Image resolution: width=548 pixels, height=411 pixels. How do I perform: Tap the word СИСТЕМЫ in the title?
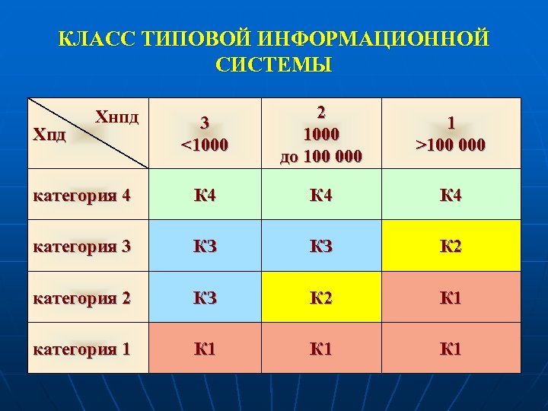point(273,65)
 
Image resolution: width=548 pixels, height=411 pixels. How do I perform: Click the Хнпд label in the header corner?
point(118,116)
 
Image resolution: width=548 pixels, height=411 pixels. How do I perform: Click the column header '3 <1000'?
point(204,133)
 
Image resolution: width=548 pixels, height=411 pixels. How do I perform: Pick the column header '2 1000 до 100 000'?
point(321,133)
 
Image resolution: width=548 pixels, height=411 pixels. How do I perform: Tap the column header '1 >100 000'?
point(451,133)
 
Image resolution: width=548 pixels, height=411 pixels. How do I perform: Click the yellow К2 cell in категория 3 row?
point(451,246)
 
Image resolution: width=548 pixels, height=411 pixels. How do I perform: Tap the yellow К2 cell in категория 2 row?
point(321,298)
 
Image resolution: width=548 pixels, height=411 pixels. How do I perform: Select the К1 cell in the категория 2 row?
point(451,298)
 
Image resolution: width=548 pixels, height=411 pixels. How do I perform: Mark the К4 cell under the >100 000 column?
point(451,195)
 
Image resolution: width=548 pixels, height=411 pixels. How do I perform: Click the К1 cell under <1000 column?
point(204,349)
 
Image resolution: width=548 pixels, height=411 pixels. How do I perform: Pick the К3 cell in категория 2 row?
point(204,298)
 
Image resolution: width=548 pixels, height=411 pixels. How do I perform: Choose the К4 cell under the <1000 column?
point(204,195)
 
